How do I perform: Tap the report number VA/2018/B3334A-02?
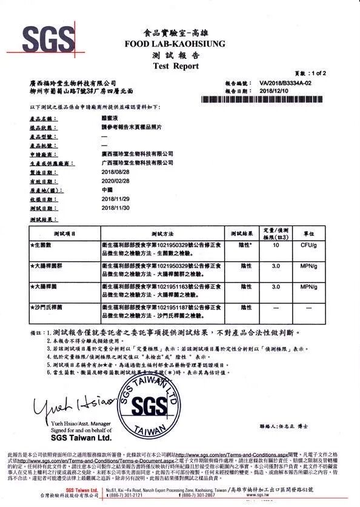point(285,82)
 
